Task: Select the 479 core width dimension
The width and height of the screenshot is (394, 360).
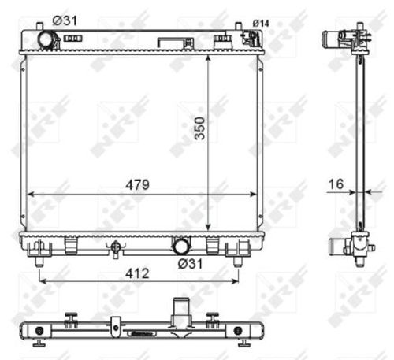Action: (134, 183)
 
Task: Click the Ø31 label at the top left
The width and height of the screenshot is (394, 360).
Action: (62, 21)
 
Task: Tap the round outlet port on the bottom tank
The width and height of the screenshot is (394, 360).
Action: (182, 247)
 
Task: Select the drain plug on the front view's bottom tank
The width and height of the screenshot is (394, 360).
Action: (116, 247)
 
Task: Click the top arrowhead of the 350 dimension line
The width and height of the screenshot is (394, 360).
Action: (208, 58)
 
